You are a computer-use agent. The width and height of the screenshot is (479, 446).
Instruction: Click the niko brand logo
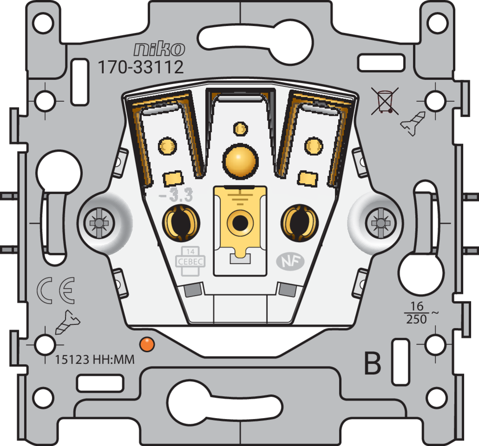tap(159, 49)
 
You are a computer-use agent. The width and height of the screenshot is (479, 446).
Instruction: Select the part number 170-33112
tap(140, 67)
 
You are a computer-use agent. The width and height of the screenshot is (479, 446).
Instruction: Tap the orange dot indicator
tap(147, 344)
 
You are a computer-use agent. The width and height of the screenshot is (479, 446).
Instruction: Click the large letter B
tap(373, 363)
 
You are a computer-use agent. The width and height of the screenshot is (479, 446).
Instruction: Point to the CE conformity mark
tap(56, 290)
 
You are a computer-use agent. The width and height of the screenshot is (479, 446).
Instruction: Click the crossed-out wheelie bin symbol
tap(385, 101)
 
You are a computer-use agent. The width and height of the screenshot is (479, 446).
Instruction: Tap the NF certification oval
tap(290, 262)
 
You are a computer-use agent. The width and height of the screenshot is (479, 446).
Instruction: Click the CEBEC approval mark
tap(190, 261)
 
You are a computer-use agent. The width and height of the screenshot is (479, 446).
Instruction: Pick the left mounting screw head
tap(99, 223)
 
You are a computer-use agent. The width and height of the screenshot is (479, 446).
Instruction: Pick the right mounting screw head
tap(380, 223)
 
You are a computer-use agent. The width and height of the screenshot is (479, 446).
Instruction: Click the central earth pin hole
tap(240, 223)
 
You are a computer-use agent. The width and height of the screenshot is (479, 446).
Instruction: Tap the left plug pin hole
tap(181, 223)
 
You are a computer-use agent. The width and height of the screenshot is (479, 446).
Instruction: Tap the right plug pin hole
tap(299, 223)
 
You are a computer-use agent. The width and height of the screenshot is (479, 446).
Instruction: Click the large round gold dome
tap(240, 160)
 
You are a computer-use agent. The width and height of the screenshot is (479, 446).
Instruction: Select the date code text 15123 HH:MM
tap(95, 359)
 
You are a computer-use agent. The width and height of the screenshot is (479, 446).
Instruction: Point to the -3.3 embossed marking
tap(176, 195)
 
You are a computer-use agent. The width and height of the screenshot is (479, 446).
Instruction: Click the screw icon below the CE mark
tap(68, 322)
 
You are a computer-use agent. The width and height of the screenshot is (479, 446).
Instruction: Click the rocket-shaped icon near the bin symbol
tap(413, 123)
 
